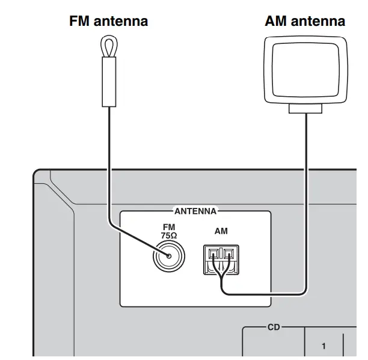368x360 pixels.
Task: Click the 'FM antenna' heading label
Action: point(108,22)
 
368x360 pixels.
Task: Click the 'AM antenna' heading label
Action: point(305,22)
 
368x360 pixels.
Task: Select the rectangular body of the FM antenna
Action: point(108,82)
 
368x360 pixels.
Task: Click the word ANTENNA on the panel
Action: point(195,212)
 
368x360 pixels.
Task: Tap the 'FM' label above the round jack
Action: point(168,228)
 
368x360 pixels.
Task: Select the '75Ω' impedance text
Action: point(168,236)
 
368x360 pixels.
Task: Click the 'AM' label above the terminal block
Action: point(221,231)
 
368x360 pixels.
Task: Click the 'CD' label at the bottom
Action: point(274,329)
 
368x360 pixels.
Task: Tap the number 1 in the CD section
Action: point(324,346)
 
